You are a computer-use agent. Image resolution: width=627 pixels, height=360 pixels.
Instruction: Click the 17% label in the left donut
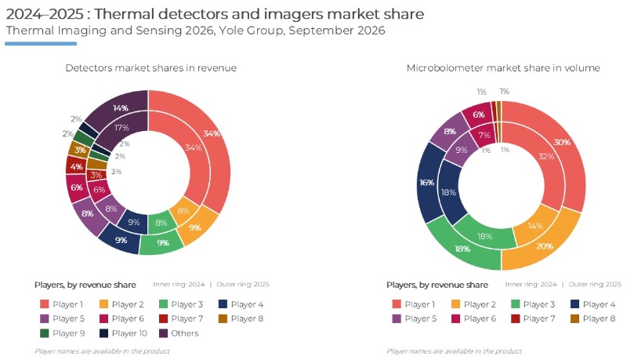[x=121, y=128]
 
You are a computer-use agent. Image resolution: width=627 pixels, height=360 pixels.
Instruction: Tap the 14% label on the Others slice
[x=121, y=108]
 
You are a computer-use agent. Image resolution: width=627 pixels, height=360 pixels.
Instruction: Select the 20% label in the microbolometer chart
[x=545, y=246]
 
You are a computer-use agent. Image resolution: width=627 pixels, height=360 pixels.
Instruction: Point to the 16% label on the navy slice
[x=426, y=183]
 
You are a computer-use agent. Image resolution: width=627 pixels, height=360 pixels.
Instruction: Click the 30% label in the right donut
[x=562, y=142]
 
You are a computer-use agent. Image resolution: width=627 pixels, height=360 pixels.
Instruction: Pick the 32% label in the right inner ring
[x=546, y=156]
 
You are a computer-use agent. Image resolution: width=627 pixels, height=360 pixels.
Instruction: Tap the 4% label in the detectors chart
[x=76, y=167]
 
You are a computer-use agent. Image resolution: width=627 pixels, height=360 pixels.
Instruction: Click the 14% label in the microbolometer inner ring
[x=535, y=226]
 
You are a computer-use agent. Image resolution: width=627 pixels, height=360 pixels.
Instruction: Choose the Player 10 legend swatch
[x=103, y=333]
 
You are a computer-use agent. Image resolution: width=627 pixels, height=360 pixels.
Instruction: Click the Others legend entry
[x=179, y=333]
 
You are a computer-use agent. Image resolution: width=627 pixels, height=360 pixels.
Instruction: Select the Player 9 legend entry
[x=63, y=333]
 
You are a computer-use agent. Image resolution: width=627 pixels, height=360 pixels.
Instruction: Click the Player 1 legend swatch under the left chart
[x=45, y=304]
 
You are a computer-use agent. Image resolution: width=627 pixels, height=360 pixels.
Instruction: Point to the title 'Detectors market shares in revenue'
[x=150, y=68]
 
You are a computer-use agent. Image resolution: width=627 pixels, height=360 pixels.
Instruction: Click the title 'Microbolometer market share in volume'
[x=503, y=68]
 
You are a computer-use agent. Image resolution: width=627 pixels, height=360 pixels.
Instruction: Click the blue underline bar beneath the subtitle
[x=41, y=44]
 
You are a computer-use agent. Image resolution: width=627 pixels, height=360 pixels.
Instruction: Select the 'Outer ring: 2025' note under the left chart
[x=243, y=285]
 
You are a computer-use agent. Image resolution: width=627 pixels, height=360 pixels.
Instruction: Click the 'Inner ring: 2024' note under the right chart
[x=531, y=285]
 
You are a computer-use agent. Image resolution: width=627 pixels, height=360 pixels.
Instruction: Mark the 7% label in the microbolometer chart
[x=484, y=135]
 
